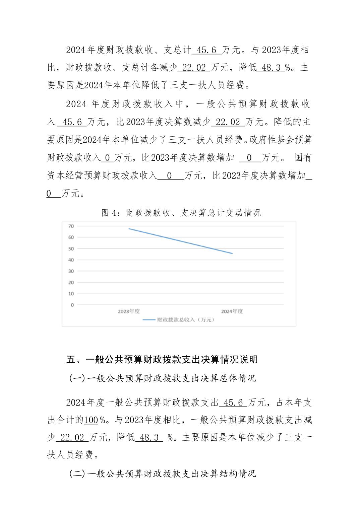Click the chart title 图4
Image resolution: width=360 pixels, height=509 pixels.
[x=181, y=213]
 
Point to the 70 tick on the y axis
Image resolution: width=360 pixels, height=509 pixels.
[x=71, y=226]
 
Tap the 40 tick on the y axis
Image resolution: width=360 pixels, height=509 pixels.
[x=71, y=260]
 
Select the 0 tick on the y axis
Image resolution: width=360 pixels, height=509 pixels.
[x=72, y=305]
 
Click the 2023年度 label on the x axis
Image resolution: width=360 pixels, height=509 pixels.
[x=129, y=311]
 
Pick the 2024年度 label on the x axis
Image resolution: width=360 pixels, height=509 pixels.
[x=232, y=311]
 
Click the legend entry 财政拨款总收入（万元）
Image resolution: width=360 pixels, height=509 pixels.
[x=179, y=320]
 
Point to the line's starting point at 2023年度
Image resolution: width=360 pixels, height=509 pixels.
[x=129, y=229]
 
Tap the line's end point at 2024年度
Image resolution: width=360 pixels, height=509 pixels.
[x=232, y=253]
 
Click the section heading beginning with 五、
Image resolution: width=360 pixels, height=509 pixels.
[x=162, y=359]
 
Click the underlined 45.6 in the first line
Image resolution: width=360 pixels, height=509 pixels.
[x=206, y=50]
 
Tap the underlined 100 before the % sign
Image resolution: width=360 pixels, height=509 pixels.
[x=91, y=420]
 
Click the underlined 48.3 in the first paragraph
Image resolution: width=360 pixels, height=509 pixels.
[x=271, y=68]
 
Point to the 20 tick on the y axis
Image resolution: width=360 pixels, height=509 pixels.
[x=71, y=283]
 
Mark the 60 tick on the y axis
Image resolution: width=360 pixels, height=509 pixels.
[x=71, y=237]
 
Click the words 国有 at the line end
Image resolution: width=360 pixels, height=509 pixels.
[x=303, y=157]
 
